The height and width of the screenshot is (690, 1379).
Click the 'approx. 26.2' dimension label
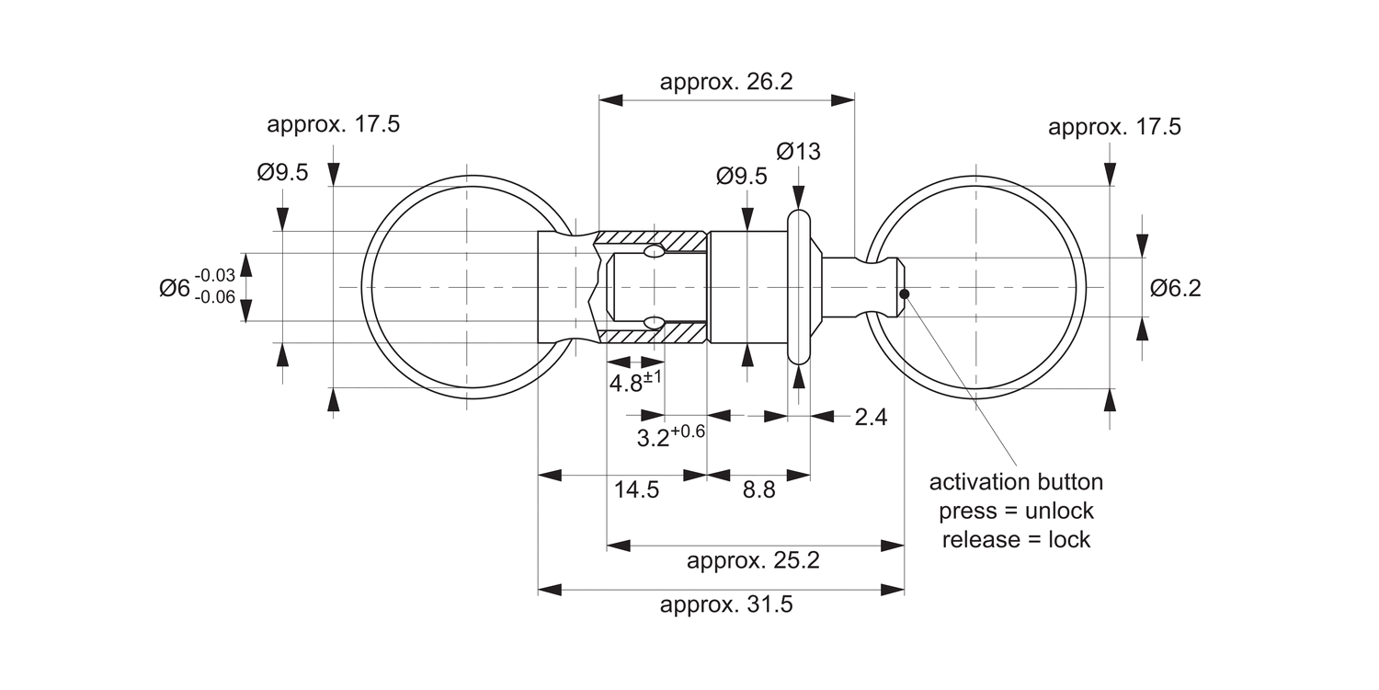[725, 82]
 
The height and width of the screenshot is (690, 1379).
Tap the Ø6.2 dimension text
[1175, 288]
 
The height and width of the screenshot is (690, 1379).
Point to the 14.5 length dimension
[636, 489]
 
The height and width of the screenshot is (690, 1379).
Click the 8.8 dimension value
[758, 489]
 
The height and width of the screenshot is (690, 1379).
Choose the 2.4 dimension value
[870, 417]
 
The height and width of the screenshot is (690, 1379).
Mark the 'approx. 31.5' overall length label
[725, 605]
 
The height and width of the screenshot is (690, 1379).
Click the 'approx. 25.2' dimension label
[753, 560]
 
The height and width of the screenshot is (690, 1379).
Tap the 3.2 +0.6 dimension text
[670, 436]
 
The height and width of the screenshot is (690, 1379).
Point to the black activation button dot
[905, 294]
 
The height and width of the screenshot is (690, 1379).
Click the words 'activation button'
[1016, 482]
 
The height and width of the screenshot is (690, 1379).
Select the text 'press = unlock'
[1016, 511]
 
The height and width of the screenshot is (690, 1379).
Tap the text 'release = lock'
[1016, 539]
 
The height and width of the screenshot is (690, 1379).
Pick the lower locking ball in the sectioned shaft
[654, 322]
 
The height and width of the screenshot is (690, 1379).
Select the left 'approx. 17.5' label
[333, 125]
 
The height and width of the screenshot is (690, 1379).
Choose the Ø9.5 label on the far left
[282, 172]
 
